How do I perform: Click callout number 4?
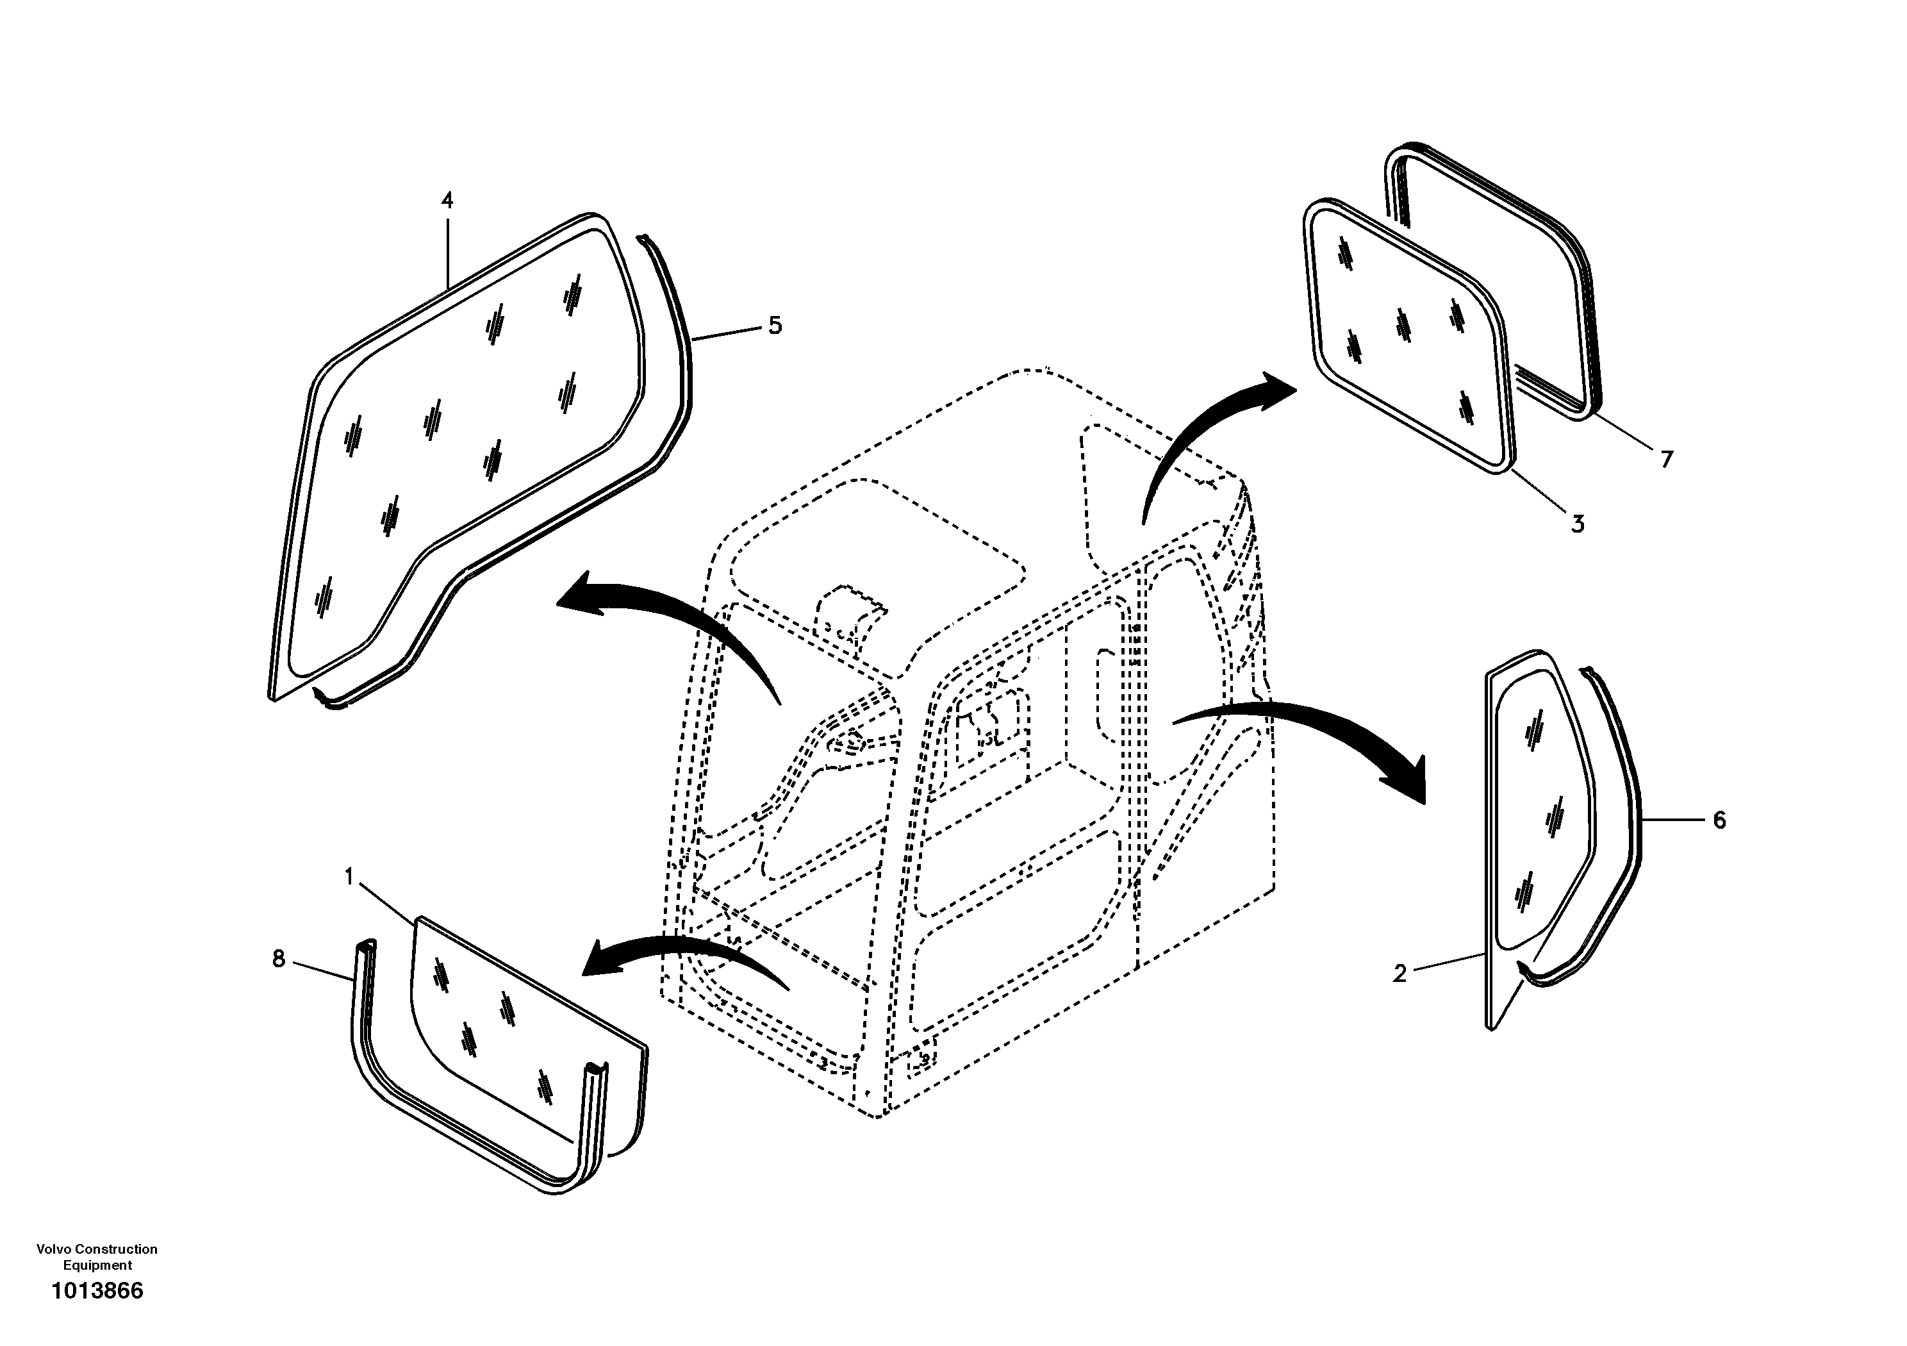[x=447, y=200]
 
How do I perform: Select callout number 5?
[x=774, y=326]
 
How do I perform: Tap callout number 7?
[x=1666, y=460]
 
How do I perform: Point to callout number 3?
[x=1577, y=524]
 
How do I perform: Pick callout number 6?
[x=1719, y=820]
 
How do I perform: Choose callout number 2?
[x=1399, y=974]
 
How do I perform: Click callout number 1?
[x=349, y=877]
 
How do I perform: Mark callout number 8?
[x=278, y=960]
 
